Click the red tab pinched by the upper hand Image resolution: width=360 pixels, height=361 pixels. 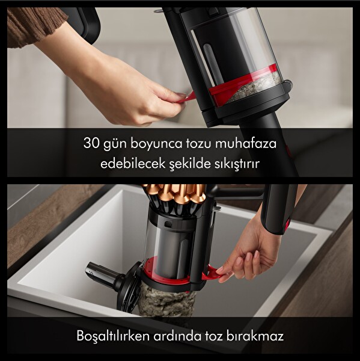[x=188, y=96]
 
